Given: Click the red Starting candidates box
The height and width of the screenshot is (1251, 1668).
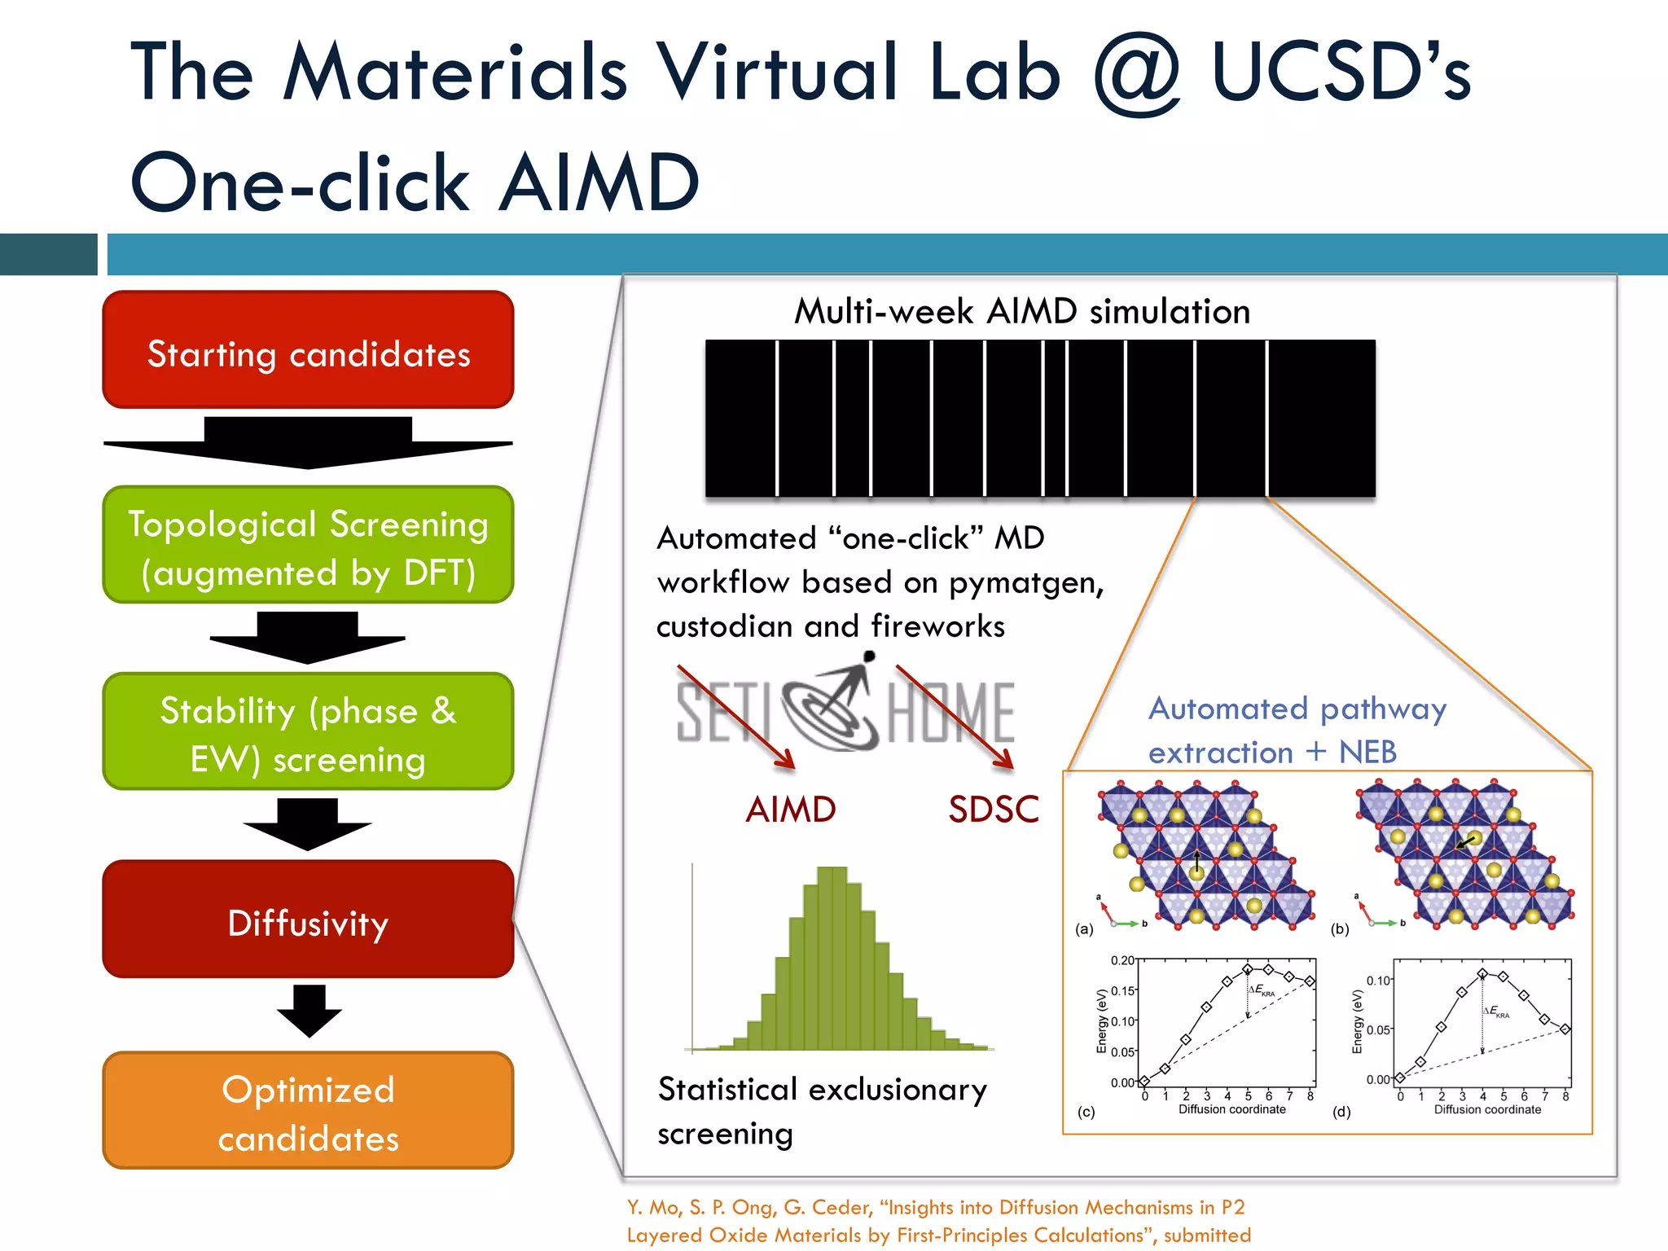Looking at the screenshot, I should tap(308, 350).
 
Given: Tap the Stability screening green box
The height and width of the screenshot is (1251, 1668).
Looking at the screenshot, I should tap(308, 731).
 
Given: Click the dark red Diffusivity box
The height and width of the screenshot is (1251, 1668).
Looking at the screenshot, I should tap(308, 920).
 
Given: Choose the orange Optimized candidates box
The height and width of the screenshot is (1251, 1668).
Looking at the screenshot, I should tap(308, 1111).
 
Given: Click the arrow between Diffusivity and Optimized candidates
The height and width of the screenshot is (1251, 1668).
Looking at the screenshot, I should tap(309, 1011).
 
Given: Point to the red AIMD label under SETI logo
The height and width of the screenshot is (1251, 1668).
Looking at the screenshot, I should tap(790, 810).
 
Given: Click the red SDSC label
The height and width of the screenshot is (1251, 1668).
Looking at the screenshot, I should tap(993, 810).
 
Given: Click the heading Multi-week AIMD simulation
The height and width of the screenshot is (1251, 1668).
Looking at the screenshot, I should tap(1021, 312).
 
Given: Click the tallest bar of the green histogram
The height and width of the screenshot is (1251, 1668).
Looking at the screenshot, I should tap(832, 957).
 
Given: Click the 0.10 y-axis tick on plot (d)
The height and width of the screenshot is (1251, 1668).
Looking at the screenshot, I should tap(1377, 981).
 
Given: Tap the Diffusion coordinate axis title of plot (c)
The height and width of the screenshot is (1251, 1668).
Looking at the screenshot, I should tap(1231, 1109).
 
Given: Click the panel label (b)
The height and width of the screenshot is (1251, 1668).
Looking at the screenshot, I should tap(1340, 928).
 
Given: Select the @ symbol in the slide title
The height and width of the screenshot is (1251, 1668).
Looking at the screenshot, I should tap(1136, 75).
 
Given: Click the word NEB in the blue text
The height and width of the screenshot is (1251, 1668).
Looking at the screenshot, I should tap(1367, 753).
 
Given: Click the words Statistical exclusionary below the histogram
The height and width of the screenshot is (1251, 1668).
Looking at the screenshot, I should tap(822, 1091).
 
